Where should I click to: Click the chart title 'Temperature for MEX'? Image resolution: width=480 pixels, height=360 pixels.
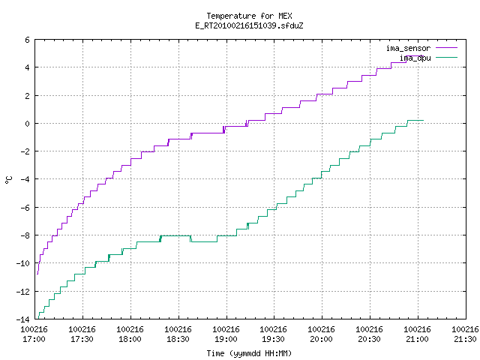point(249,16)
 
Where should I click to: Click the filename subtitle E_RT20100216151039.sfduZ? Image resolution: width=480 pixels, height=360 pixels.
point(249,25)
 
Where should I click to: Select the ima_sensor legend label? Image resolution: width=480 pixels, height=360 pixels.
point(408,48)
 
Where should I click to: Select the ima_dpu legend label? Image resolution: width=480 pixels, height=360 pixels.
point(415,58)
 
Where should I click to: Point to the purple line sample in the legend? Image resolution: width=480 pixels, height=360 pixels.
point(446,48)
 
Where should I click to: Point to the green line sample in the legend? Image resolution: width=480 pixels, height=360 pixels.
point(446,57)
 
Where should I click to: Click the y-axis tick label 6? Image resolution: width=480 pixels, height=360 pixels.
point(27,40)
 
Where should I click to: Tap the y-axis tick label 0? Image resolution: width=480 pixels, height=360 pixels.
point(27,124)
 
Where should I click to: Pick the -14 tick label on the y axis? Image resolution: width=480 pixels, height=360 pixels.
point(23,319)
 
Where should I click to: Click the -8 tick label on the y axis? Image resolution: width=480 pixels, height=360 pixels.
point(25,235)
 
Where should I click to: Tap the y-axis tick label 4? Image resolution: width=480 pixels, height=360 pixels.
point(27,67)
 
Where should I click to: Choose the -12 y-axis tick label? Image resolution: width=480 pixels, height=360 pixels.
point(23,292)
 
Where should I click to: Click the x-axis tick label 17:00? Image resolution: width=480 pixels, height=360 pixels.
point(34,339)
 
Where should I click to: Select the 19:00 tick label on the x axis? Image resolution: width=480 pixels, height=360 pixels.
point(226,339)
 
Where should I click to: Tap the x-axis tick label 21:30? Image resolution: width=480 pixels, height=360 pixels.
point(465,339)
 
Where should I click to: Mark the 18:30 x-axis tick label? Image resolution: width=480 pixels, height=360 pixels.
point(178,339)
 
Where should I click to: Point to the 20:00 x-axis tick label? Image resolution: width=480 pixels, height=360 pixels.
point(321,339)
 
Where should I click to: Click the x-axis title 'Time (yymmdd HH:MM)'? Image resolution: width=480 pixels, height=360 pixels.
point(249,353)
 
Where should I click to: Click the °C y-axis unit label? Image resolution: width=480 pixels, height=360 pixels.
point(8,180)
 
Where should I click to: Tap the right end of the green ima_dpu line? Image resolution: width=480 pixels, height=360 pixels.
point(423,120)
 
